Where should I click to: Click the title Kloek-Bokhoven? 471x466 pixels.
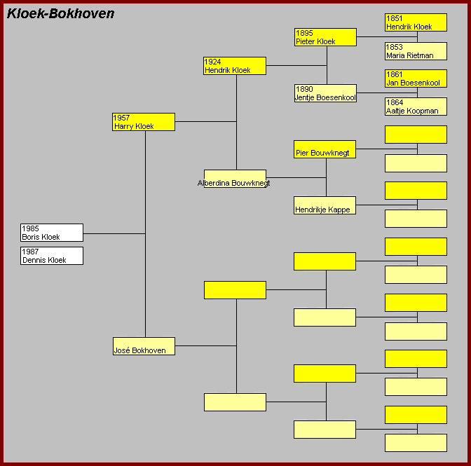click(x=60, y=14)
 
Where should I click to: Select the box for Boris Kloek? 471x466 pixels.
click(x=52, y=233)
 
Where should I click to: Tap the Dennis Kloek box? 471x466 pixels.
click(x=52, y=256)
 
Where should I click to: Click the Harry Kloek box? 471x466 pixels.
click(x=144, y=122)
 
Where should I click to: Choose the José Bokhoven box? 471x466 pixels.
click(x=144, y=346)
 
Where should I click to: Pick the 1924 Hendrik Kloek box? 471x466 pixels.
click(x=235, y=66)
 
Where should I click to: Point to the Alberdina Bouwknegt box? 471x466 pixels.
click(x=235, y=179)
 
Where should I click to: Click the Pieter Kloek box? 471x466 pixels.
click(x=325, y=37)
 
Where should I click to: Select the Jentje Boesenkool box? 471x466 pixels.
click(x=325, y=93)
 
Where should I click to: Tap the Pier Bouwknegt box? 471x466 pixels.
click(x=325, y=149)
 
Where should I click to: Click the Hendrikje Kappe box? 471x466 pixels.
click(x=325, y=205)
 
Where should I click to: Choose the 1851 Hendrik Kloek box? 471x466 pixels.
click(x=416, y=22)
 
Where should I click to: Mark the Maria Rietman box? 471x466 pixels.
click(x=416, y=51)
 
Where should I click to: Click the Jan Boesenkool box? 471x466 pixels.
click(x=416, y=78)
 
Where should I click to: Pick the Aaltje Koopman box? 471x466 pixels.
click(x=416, y=107)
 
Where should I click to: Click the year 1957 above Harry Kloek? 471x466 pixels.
click(x=123, y=118)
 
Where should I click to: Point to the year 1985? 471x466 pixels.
click(x=31, y=228)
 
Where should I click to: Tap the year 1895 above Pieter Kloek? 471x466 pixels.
click(x=305, y=33)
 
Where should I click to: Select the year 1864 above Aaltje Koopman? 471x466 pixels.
click(x=395, y=102)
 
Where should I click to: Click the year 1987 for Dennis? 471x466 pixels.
click(x=31, y=252)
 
